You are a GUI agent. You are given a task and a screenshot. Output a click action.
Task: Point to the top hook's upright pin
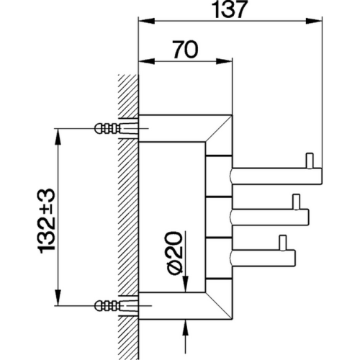click(x=309, y=160)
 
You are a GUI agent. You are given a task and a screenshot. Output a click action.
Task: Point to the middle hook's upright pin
click(x=295, y=201)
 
